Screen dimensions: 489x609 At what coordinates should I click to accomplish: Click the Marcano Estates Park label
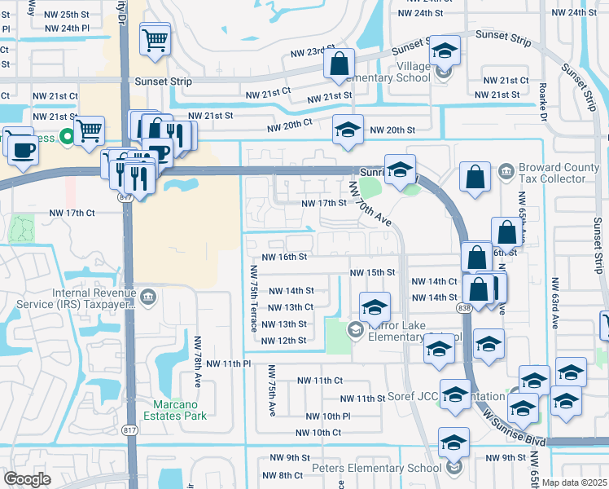(x=180, y=410)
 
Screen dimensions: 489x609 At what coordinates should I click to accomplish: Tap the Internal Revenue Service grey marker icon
(x=148, y=295)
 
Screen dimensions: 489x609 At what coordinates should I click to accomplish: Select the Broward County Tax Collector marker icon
(x=505, y=172)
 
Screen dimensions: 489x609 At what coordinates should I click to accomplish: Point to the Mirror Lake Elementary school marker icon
(x=355, y=329)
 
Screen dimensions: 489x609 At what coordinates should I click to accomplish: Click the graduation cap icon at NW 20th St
(x=348, y=130)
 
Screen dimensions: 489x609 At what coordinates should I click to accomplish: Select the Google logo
(x=27, y=479)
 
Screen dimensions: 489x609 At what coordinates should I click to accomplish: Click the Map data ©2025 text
(x=575, y=482)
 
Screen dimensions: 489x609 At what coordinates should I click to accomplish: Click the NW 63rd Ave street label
(x=554, y=302)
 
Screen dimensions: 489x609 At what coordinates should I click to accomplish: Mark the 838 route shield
(x=464, y=307)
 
